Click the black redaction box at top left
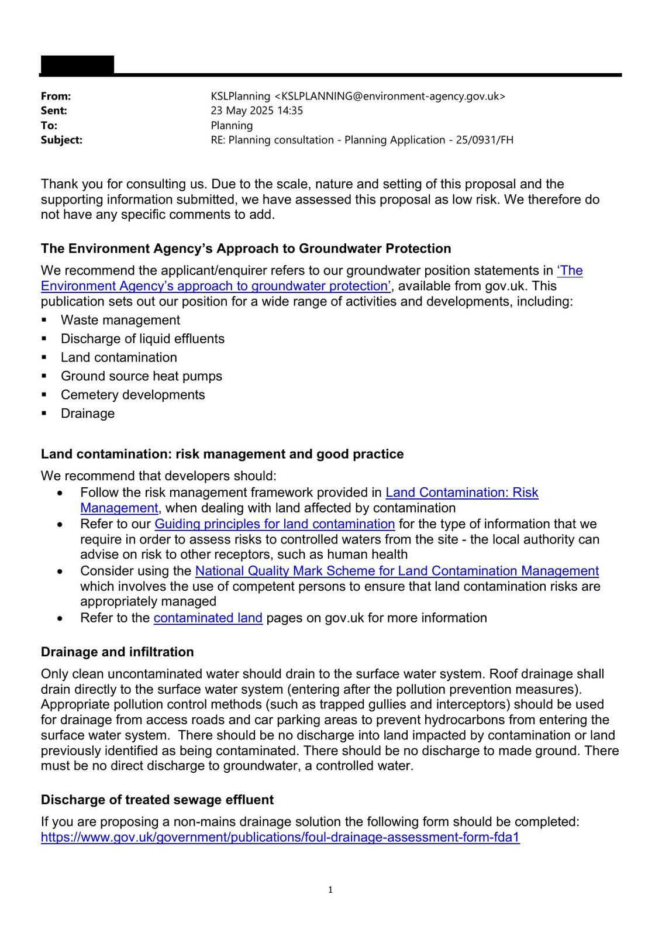tap(77, 64)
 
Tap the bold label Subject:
tap(61, 140)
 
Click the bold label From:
tap(56, 96)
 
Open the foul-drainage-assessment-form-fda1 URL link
tap(280, 837)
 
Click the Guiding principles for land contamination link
tap(274, 524)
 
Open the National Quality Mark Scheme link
tap(396, 571)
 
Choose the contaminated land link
tap(208, 618)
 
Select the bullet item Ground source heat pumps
tap(141, 376)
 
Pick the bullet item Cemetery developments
tap(133, 395)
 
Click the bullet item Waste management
tap(120, 320)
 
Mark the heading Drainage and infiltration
tap(117, 652)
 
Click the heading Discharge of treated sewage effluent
tap(157, 800)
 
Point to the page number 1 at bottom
tap(330, 890)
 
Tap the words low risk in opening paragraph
tap(475, 199)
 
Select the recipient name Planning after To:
tap(232, 125)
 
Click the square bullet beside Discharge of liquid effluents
tap(44, 339)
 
